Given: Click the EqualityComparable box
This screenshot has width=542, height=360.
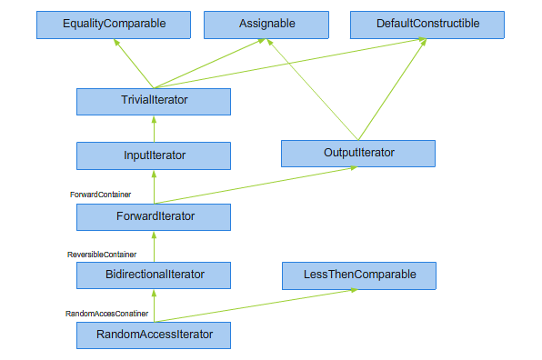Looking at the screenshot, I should pos(114,25).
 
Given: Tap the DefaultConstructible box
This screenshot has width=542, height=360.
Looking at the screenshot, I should pos(427,25).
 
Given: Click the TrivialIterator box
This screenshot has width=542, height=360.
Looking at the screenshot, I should pos(154,101).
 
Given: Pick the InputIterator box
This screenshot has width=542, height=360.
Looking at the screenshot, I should pos(154,155).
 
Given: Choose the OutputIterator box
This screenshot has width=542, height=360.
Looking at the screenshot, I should pos(358,153).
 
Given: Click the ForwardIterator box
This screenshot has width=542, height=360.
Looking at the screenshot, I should pos(154,216).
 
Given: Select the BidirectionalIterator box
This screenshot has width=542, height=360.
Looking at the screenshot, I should pos(154,274).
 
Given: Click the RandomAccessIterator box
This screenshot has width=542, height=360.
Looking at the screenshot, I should pos(154,335).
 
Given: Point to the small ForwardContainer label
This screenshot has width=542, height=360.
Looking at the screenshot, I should pos(100,195).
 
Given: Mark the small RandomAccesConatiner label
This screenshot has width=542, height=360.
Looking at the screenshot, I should pos(106,314).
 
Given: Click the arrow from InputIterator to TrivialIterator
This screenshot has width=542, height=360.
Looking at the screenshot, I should pos(154,128).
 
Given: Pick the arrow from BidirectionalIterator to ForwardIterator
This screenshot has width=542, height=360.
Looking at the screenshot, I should pos(154,245).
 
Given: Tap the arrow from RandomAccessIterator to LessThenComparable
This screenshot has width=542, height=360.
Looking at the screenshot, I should pos(255,305).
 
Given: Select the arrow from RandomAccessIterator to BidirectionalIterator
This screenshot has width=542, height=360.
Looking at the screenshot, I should pos(154,305).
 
